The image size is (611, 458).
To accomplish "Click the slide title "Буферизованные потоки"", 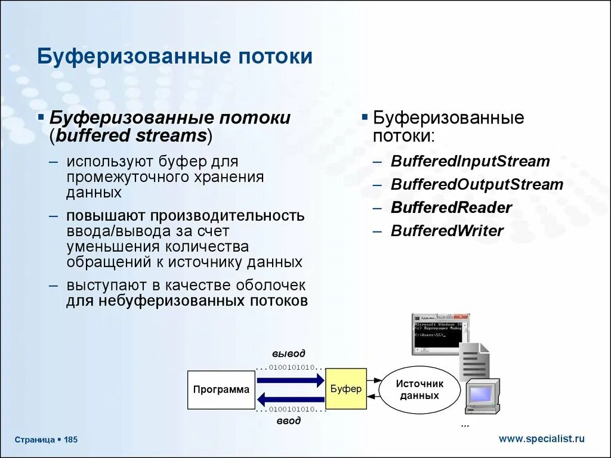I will [x=175, y=57].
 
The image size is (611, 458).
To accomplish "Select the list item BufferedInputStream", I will [x=470, y=162].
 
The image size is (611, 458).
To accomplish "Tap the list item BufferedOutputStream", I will [x=477, y=185].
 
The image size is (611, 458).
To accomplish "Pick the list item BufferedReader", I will [x=451, y=208].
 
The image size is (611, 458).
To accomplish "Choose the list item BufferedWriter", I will [x=447, y=231].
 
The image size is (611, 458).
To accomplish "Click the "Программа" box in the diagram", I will [x=221, y=390].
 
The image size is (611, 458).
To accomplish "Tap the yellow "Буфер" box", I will [x=346, y=389].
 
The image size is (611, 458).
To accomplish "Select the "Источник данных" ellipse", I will [x=420, y=390].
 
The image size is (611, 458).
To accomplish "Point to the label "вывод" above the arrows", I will [x=289, y=354].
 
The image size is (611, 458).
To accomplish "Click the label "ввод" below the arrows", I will [x=289, y=421].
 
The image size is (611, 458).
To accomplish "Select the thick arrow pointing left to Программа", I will [x=291, y=400].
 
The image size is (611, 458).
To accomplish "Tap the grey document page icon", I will [x=474, y=361].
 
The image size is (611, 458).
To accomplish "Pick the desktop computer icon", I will [x=482, y=396].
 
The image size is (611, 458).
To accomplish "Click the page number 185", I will [x=71, y=440].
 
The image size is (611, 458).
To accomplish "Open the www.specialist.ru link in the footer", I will [x=541, y=439].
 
